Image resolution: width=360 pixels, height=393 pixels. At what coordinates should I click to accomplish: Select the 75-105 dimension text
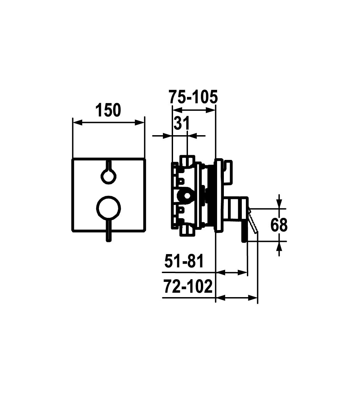coord(193,97)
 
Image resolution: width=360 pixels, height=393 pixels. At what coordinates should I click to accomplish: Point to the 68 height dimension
coord(279,225)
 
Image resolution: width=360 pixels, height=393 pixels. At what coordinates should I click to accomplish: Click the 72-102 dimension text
coord(188,287)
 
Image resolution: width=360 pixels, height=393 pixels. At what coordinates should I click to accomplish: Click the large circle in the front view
coord(108,208)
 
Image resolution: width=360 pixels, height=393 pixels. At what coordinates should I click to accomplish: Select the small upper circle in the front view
coord(108,177)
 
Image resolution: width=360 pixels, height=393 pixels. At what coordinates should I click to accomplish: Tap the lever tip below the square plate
coord(108,240)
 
